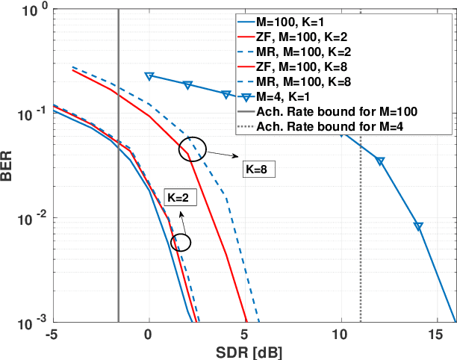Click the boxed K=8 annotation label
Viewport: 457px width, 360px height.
(258, 170)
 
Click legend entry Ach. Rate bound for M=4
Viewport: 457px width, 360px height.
(337, 125)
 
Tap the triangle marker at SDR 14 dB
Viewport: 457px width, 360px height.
(419, 226)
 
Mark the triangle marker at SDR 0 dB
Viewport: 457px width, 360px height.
(149, 76)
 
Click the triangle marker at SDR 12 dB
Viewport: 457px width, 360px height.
(380, 161)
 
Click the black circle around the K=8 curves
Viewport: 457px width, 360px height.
(193, 148)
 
